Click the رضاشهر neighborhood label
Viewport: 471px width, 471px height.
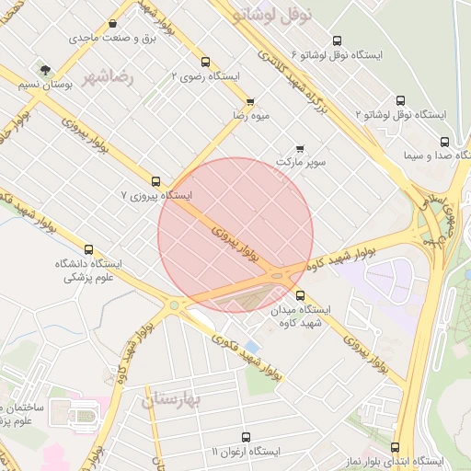108,76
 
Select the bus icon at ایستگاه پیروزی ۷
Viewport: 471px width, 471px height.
155,181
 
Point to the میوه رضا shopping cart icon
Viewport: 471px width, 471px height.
250,101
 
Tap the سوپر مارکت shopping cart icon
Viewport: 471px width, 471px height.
300,148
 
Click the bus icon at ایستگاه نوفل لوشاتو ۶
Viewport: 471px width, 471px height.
338,40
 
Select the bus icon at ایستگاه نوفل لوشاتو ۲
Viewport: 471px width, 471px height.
400,100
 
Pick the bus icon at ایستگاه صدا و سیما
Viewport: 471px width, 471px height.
445,142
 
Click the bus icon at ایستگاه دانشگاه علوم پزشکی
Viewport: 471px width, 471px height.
88,249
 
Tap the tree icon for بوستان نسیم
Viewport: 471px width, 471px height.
43,70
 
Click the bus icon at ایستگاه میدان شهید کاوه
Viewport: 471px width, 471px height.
276,294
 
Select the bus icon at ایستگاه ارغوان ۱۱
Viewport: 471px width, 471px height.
245,437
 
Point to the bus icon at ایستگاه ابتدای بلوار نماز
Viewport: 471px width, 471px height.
396,446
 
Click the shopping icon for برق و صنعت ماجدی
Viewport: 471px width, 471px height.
112,24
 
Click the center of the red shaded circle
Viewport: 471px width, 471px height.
235,235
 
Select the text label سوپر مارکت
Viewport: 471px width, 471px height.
301,162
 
